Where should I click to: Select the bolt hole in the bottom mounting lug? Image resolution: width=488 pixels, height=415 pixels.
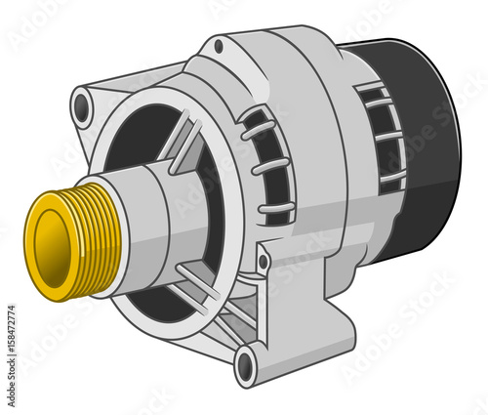[x=245, y=366]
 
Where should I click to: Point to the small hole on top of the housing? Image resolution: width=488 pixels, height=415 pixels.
[x=219, y=46]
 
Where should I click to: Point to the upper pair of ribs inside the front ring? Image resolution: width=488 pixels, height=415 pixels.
[x=181, y=146]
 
